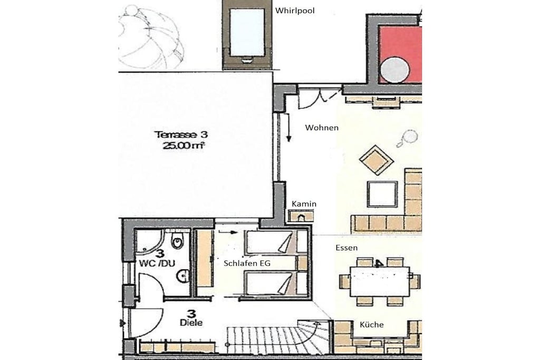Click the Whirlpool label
[295, 11]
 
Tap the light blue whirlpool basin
[247, 32]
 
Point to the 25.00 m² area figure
[184, 145]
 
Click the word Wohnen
[322, 128]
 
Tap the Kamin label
[304, 204]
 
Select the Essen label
[346, 248]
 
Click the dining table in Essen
[380, 281]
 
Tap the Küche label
[372, 325]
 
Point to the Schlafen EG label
[247, 264]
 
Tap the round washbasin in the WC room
[183, 276]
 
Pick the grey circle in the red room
[395, 70]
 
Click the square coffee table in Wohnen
[382, 194]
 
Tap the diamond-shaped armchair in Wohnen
[376, 160]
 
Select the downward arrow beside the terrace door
[288, 128]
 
